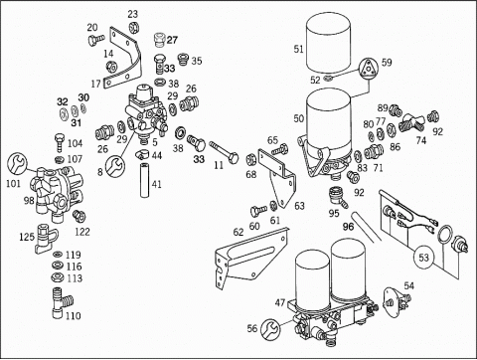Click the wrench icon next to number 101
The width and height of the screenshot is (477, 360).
point(17,163)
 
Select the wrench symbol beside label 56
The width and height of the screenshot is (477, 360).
point(270,329)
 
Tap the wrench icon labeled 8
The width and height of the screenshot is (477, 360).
point(115,166)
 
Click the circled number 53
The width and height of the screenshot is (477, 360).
point(423,258)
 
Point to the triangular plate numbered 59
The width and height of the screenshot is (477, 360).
point(367,70)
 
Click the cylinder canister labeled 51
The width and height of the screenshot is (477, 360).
point(328,44)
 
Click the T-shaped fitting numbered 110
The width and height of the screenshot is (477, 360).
point(62,302)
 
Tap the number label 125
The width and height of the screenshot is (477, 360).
point(27,237)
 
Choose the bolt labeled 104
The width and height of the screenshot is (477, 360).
point(59,141)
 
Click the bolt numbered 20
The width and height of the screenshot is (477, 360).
point(96,40)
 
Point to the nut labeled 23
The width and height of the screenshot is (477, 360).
point(133,27)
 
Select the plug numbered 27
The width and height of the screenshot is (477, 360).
point(160,40)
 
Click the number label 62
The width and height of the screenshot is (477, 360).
point(238,233)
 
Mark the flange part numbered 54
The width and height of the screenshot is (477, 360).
point(397,300)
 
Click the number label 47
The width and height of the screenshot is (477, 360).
point(280,302)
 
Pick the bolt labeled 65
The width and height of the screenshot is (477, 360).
point(280,149)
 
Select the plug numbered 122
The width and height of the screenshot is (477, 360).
point(79,216)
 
